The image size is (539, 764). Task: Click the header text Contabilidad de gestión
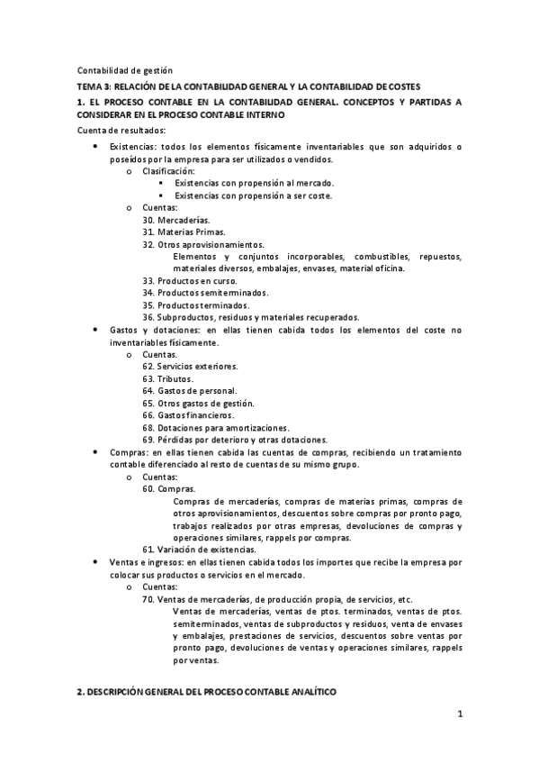(124, 70)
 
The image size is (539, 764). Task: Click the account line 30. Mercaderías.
(176, 220)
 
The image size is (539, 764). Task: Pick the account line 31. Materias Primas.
(184, 232)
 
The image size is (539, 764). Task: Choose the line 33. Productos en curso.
(190, 280)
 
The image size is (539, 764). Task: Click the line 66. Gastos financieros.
(193, 414)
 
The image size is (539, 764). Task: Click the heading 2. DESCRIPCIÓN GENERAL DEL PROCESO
(206, 690)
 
